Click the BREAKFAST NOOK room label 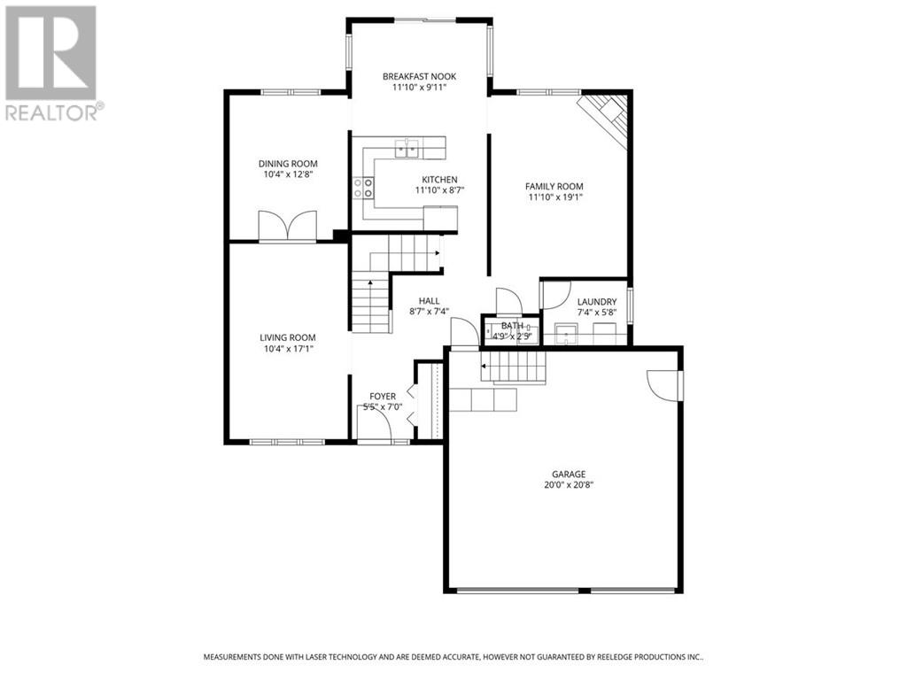[419, 76]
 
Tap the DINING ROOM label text [288, 164]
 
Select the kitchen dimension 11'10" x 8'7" [440, 190]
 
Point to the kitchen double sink [407, 149]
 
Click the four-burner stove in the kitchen [363, 188]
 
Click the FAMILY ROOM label [554, 186]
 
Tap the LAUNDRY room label [597, 302]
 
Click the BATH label [512, 326]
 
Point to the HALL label [430, 301]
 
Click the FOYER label [383, 396]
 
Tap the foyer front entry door [375, 424]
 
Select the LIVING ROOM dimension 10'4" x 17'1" [288, 349]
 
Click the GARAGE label [569, 475]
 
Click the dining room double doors [288, 226]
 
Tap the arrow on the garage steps [484, 366]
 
